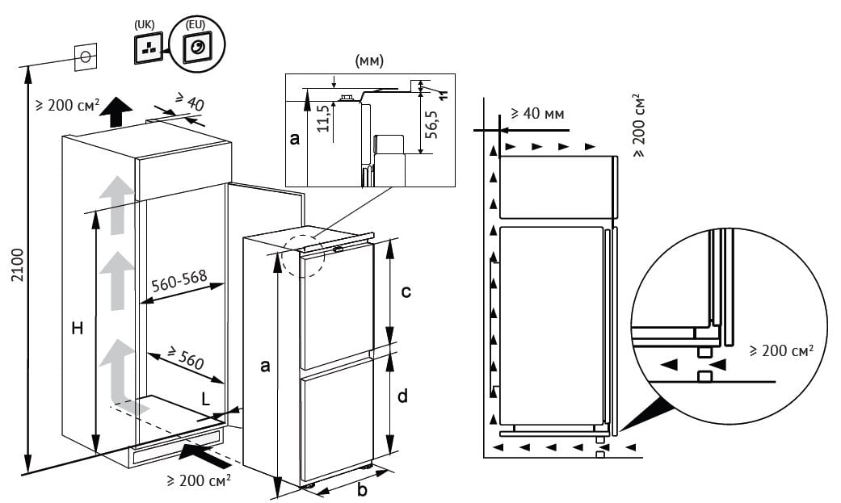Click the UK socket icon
coord(148,49)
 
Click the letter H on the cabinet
coord(77,328)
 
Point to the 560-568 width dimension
coord(179,283)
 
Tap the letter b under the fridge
coord(362,488)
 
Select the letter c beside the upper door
coord(406,291)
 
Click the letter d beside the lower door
coord(402,396)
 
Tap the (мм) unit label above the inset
coord(368,61)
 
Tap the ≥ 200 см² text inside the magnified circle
coord(780,350)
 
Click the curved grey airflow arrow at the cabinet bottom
coord(118,379)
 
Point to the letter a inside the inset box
coord(295,139)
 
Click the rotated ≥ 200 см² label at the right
coord(640,124)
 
